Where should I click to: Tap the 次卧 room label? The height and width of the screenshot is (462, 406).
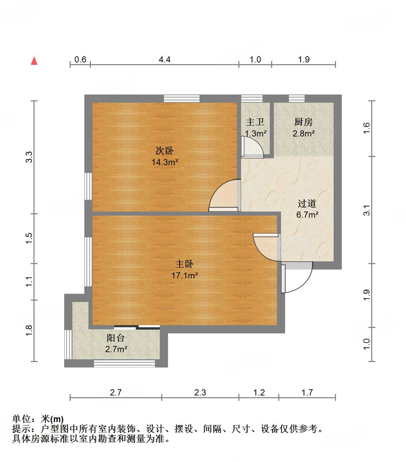tap(165, 150)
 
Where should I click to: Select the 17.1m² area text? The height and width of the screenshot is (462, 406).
tap(184, 275)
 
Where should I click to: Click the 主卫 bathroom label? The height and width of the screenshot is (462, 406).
tap(255, 122)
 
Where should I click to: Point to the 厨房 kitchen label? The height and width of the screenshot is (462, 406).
tap(303, 122)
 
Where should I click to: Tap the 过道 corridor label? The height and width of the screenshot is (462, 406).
tap(307, 204)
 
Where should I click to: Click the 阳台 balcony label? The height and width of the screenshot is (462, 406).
tap(116, 338)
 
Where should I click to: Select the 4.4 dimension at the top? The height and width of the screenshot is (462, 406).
tap(165, 59)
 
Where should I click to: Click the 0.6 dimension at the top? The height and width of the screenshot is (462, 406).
tap(80, 59)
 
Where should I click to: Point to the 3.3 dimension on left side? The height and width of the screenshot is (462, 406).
tap(29, 157)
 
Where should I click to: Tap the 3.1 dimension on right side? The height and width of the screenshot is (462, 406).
tap(367, 210)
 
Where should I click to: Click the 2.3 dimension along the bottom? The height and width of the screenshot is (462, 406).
tap(200, 392)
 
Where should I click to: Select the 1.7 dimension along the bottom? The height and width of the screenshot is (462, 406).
tap(307, 392)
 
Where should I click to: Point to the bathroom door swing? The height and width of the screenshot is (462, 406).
tap(253, 147)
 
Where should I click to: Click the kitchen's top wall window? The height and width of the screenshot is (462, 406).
tap(296, 99)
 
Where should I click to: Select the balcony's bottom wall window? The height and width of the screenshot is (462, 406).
tap(124, 363)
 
